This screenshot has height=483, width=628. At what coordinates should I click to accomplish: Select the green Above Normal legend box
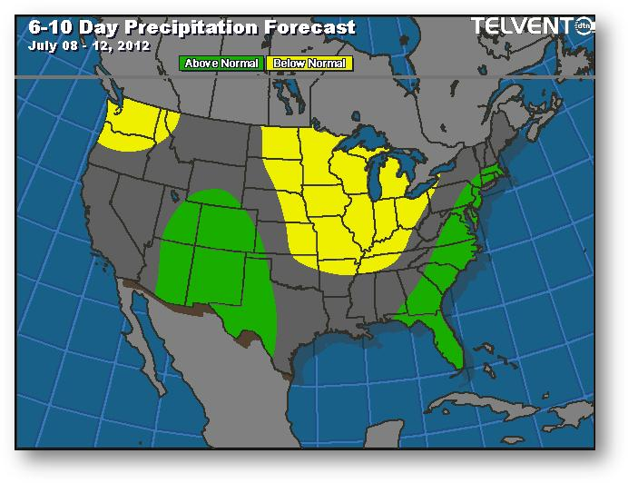(221, 64)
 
